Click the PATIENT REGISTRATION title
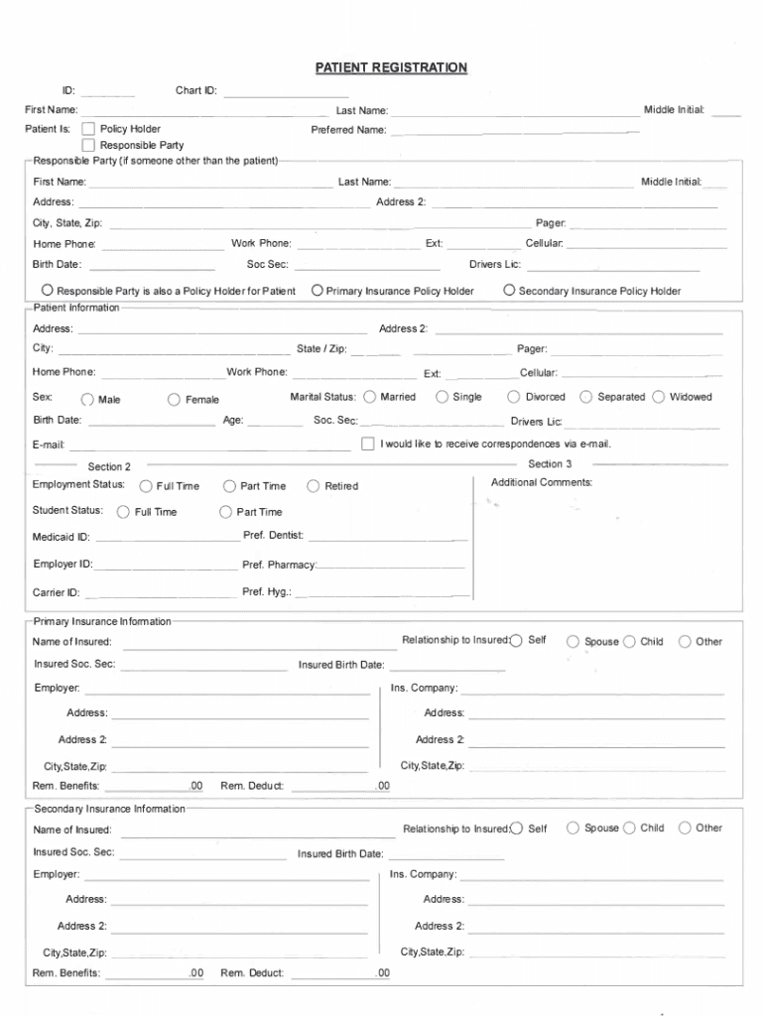click(x=391, y=67)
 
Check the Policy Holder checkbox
click(x=88, y=129)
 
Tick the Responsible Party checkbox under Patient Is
click(x=88, y=146)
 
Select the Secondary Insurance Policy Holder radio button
click(x=509, y=291)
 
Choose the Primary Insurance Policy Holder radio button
click(x=317, y=291)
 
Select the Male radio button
click(x=88, y=400)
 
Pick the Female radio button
click(x=174, y=400)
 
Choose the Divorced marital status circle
click(x=514, y=397)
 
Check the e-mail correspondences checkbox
click(x=368, y=444)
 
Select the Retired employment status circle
click(x=314, y=486)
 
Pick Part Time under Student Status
click(x=225, y=512)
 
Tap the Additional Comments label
click(x=542, y=482)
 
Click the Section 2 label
click(x=109, y=466)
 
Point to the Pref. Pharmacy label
click(x=279, y=566)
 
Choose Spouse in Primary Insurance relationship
click(x=573, y=642)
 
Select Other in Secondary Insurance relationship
click(x=685, y=828)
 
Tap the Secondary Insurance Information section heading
click(x=109, y=809)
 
